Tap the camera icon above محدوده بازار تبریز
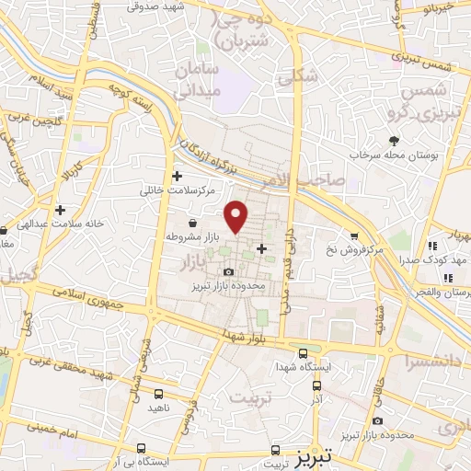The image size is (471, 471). click(x=228, y=271)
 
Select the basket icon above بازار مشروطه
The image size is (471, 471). click(x=192, y=223)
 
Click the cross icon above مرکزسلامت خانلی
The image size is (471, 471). click(x=178, y=176)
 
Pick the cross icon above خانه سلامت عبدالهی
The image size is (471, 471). click(x=60, y=210)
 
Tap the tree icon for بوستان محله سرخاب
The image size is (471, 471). click(x=395, y=141)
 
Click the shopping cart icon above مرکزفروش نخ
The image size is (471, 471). click(x=353, y=235)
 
